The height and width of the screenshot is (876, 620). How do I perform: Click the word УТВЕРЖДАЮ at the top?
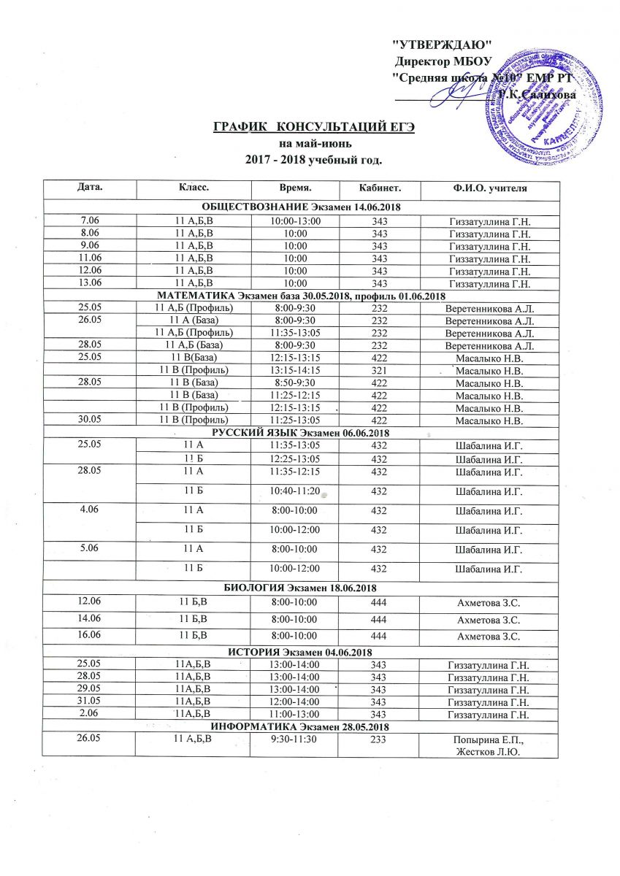(x=443, y=46)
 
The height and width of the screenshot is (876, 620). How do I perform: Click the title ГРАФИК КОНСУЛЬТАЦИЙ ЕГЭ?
(x=314, y=128)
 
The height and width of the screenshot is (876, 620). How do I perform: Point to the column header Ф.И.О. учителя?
(x=489, y=190)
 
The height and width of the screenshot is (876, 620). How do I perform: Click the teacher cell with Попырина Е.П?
(x=489, y=741)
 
